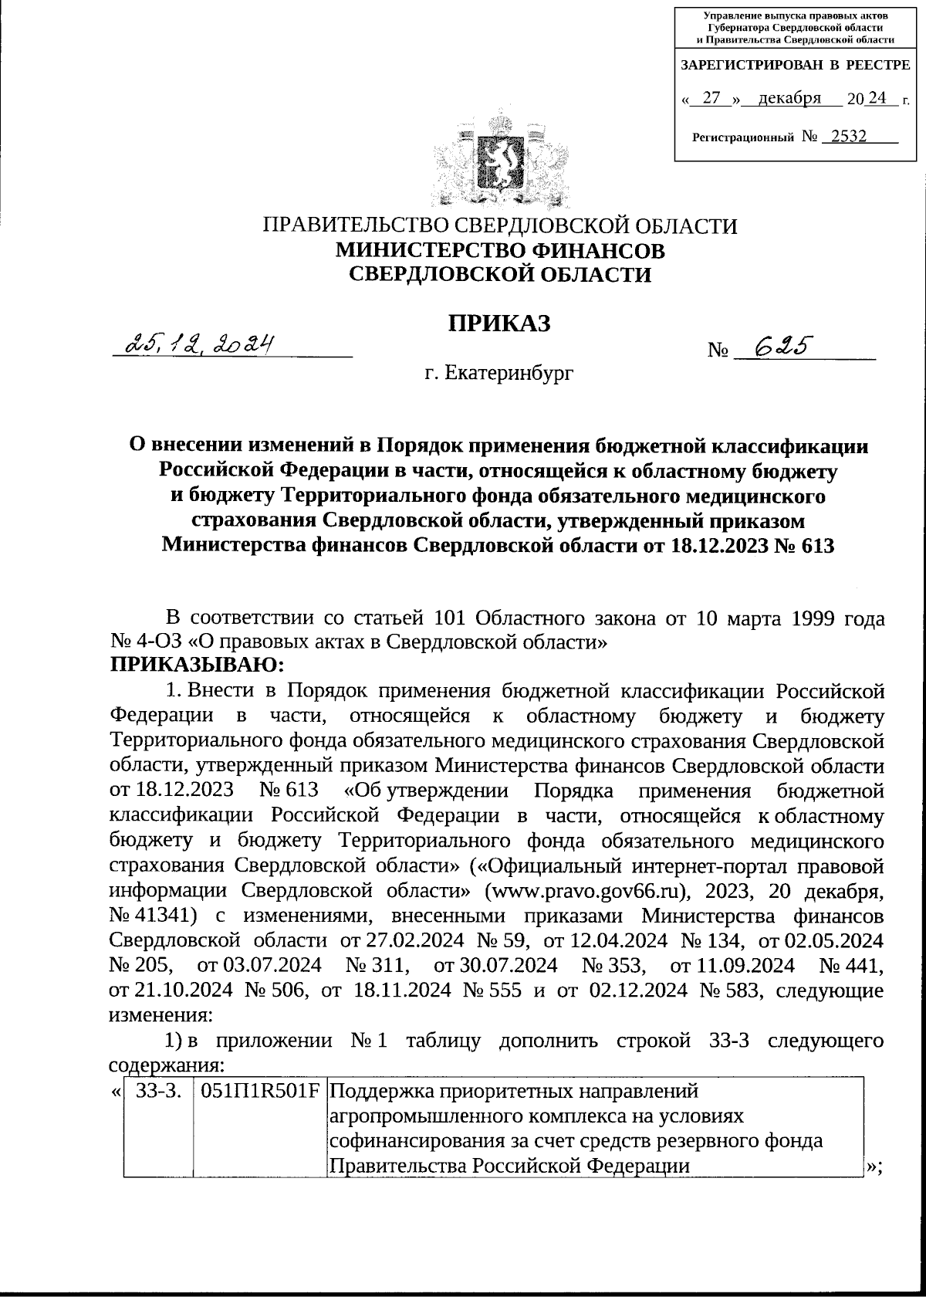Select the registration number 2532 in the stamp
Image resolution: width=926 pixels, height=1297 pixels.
click(844, 137)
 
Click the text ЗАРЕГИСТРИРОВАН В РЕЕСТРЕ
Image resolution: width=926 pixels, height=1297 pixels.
click(795, 66)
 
